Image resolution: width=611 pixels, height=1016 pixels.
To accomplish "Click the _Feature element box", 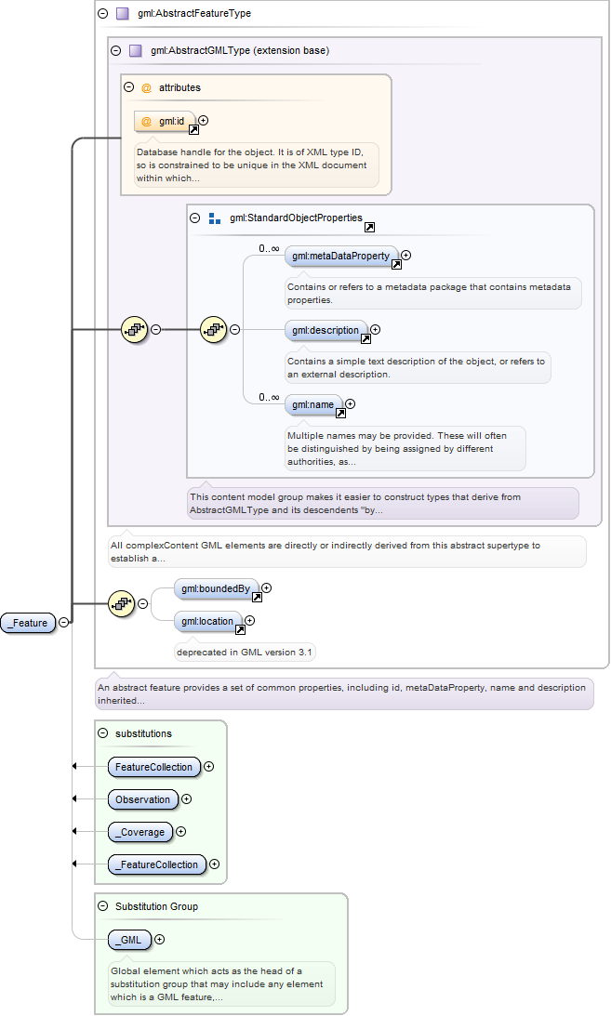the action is pyautogui.click(x=29, y=623).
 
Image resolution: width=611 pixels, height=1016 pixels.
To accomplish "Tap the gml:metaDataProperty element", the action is pyautogui.click(x=340, y=256).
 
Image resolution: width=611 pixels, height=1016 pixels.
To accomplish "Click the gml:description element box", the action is pyautogui.click(x=325, y=331).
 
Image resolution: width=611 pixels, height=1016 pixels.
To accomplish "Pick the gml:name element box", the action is pyautogui.click(x=313, y=405).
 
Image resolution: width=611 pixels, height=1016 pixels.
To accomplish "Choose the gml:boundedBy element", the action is pyautogui.click(x=216, y=589).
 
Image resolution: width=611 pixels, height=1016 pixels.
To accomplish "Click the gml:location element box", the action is pyautogui.click(x=208, y=621).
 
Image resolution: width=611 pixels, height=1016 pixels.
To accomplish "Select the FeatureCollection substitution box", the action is pyautogui.click(x=154, y=767).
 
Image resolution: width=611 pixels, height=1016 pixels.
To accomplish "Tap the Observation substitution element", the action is pyautogui.click(x=143, y=799).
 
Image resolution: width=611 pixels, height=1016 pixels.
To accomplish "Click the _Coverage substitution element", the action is pyautogui.click(x=140, y=832).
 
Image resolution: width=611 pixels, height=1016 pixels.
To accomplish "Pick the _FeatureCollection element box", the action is pyautogui.click(x=157, y=864).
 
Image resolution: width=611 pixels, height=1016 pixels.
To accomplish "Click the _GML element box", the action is pyautogui.click(x=129, y=940).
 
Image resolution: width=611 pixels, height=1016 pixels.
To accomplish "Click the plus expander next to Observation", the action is pyautogui.click(x=187, y=798).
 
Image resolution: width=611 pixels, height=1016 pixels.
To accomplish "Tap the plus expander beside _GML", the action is pyautogui.click(x=159, y=939).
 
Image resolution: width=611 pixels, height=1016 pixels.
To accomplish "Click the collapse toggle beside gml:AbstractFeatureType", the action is pyautogui.click(x=103, y=13).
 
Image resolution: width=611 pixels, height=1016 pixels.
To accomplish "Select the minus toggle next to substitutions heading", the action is pyautogui.click(x=103, y=732).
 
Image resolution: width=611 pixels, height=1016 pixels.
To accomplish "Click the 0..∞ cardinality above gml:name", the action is pyautogui.click(x=269, y=397).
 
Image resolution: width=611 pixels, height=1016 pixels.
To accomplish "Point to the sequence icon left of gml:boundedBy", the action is pyautogui.click(x=122, y=604).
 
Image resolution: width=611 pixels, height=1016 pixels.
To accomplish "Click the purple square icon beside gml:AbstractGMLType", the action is pyautogui.click(x=136, y=50).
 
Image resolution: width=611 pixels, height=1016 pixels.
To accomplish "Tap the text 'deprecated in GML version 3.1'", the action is pyautogui.click(x=245, y=653).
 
